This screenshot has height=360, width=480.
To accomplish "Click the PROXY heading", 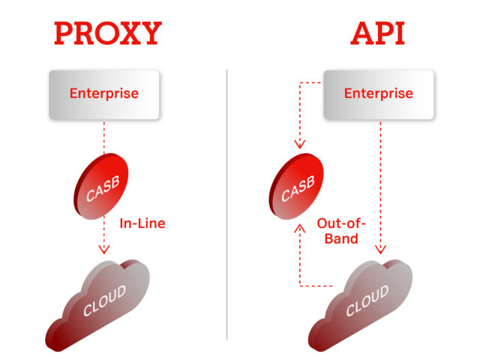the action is [x=108, y=33].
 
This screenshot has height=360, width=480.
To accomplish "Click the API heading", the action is [x=378, y=33].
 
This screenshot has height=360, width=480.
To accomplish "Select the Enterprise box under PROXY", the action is [x=104, y=94].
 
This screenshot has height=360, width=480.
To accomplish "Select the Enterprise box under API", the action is [x=379, y=94].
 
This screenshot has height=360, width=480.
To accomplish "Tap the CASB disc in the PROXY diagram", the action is [x=101, y=187].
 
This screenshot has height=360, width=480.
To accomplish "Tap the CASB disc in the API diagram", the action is [x=296, y=187].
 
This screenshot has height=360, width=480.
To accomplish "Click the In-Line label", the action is [x=142, y=223].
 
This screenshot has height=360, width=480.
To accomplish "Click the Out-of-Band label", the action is [x=341, y=231].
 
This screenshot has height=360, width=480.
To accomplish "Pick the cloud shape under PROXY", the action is [x=97, y=305].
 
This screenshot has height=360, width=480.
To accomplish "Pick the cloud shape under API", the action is [x=360, y=305].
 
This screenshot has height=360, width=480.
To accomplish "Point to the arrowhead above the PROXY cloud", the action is [x=104, y=249].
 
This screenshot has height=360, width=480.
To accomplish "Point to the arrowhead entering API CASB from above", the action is [x=300, y=144].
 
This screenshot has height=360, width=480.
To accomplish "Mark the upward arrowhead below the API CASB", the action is [x=300, y=228].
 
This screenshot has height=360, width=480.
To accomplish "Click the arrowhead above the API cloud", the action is [x=380, y=249].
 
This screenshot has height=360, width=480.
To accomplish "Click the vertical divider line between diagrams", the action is [x=226, y=205].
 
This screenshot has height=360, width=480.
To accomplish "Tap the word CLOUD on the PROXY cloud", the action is [x=105, y=301].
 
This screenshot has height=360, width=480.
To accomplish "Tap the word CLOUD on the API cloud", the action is [x=367, y=301].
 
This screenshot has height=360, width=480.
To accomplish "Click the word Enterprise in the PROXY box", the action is [x=104, y=93].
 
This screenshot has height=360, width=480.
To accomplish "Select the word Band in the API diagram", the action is [x=341, y=238].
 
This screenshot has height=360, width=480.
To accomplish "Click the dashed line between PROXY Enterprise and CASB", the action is [x=104, y=137].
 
